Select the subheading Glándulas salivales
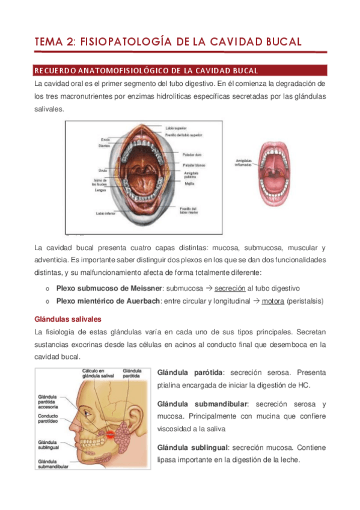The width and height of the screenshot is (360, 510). [x=67, y=319]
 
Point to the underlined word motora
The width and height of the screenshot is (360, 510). [x=273, y=300]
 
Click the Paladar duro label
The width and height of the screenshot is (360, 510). [x=191, y=155]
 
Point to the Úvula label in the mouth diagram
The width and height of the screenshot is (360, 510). [x=103, y=170]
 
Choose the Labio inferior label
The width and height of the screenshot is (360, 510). [x=105, y=213]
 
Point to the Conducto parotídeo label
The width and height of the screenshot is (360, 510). [x=50, y=418]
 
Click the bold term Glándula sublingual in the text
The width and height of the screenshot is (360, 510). [x=192, y=447]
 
